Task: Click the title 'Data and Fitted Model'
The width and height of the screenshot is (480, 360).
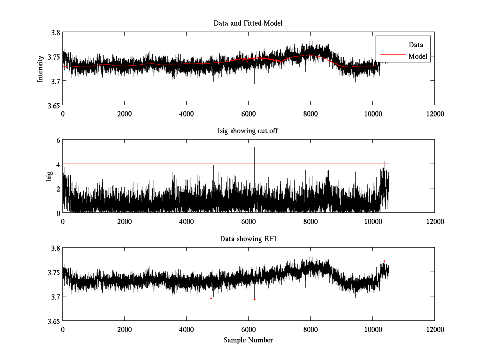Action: point(248,23)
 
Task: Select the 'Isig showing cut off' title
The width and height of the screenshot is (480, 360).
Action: point(248,131)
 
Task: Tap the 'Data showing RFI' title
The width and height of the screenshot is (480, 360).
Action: point(248,239)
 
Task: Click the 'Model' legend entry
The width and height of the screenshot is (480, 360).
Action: point(418,56)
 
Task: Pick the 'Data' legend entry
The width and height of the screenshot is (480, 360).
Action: point(416,45)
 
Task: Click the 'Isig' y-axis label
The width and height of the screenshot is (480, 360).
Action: point(49,176)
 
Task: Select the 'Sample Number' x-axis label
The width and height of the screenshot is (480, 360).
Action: point(248,340)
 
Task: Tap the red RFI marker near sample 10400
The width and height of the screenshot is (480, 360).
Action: point(384,261)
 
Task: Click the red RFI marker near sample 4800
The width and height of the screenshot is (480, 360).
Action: point(211,298)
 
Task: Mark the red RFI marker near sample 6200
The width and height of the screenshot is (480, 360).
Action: point(254,299)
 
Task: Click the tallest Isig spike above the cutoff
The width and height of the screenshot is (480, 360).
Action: point(254,148)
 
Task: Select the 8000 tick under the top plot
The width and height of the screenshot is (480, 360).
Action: point(310,114)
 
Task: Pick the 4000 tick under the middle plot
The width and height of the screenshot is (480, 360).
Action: point(186,221)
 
